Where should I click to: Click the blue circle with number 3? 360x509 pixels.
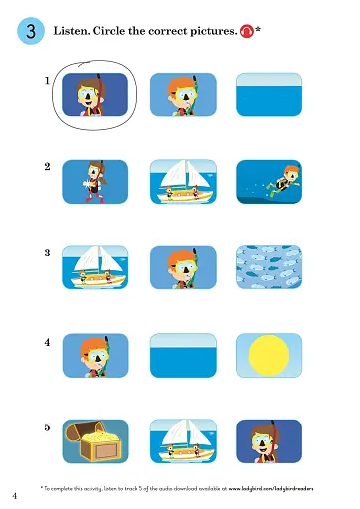pos(30,32)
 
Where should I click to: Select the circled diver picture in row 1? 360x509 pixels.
pos(94,94)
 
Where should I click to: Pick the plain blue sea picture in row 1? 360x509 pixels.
pos(268,94)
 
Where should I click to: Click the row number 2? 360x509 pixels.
pos(47,167)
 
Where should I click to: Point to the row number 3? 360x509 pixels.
pos(47,254)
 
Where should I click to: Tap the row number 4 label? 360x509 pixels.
pos(47,341)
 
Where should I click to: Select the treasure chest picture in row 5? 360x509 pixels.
pos(94,441)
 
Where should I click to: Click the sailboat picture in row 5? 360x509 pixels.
pos(182,441)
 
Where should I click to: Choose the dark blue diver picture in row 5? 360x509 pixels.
pos(268,441)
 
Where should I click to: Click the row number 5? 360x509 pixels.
pos(47,427)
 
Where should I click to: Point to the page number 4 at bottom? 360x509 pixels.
pos(15,494)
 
